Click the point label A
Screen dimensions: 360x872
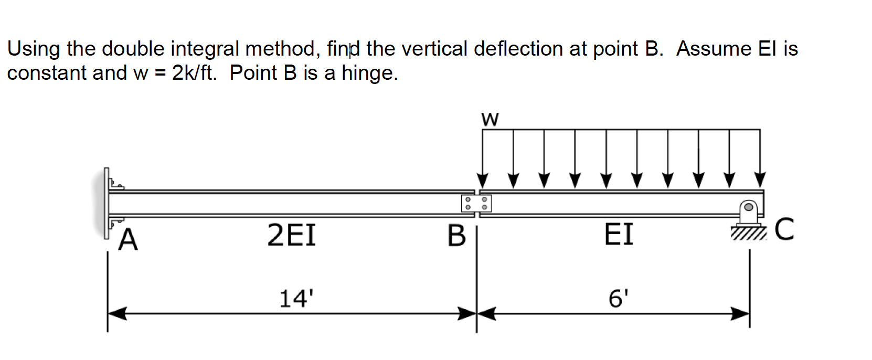coord(128,241)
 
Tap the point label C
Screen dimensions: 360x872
coord(784,229)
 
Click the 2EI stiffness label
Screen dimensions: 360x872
coord(292,235)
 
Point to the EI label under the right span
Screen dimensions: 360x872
coord(619,234)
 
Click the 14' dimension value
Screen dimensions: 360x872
coord(296,299)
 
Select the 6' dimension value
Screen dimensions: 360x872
coord(618,299)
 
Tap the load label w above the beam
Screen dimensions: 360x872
coord(490,120)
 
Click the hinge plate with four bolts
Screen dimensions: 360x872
coord(476,203)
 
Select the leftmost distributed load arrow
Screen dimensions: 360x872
coord(483,157)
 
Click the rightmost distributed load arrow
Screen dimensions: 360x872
coord(760,157)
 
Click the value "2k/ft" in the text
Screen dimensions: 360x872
coord(194,73)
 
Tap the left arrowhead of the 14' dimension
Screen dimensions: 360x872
coord(117,314)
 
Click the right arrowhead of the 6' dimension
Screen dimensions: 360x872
coord(740,314)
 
